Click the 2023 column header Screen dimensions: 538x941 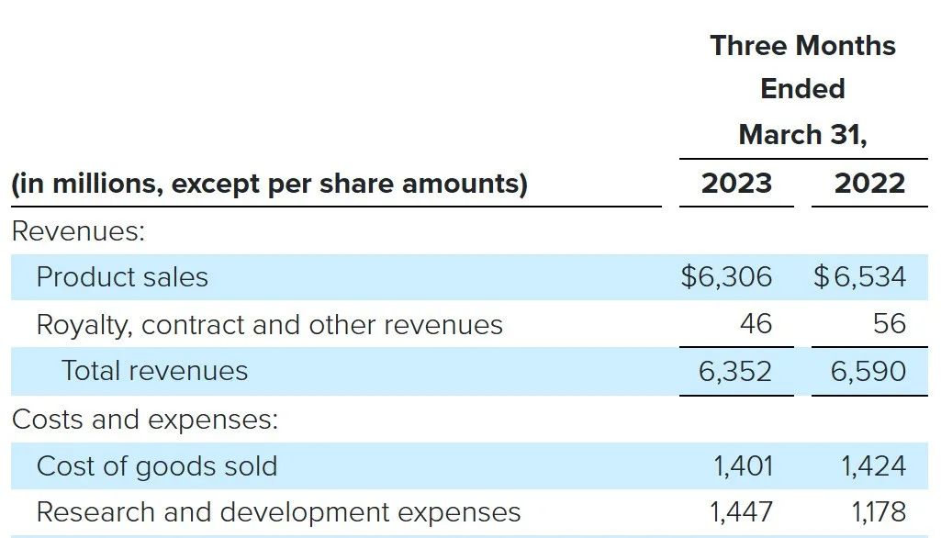(736, 184)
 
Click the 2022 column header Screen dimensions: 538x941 (869, 184)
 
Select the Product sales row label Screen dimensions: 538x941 (122, 277)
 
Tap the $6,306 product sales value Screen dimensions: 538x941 (726, 277)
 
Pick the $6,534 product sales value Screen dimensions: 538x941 (859, 277)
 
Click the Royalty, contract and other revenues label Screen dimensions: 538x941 (269, 325)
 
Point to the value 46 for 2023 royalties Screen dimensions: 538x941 (755, 324)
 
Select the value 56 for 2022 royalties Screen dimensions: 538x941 (889, 324)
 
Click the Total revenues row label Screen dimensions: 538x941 (154, 371)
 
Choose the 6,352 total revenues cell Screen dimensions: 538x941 (735, 371)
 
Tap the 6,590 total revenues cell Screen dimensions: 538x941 (868, 371)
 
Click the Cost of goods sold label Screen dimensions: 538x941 (156, 466)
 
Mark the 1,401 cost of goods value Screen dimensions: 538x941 (743, 466)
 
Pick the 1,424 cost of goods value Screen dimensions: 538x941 (873, 466)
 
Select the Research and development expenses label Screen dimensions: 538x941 (278, 512)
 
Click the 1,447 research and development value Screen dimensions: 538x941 (743, 512)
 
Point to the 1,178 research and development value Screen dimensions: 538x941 (873, 512)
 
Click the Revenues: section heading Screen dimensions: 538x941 (78, 231)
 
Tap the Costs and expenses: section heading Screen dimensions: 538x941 (144, 420)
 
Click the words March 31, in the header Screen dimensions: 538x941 (802, 135)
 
